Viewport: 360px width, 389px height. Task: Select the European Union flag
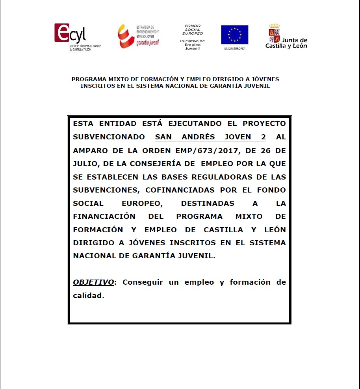tap(234, 35)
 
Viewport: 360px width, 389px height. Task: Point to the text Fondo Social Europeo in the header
tap(193, 30)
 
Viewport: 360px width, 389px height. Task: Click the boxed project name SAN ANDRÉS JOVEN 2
tap(210, 137)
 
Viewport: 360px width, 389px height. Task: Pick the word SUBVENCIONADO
tap(109, 137)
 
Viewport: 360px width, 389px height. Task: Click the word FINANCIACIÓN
tap(104, 217)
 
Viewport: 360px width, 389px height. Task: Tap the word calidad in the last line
tap(88, 295)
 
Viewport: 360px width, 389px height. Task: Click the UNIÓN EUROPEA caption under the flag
tap(234, 48)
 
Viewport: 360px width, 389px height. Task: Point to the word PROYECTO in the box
tap(264, 124)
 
